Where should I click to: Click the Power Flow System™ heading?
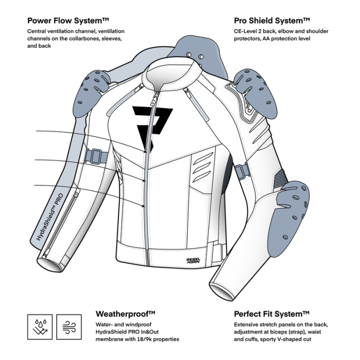68,21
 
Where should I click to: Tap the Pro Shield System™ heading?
272,21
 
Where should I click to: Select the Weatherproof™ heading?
126,314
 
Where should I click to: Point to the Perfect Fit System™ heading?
272,314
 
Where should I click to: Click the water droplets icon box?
39,327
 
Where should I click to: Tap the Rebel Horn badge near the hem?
194,259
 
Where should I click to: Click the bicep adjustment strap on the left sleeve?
96,155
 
